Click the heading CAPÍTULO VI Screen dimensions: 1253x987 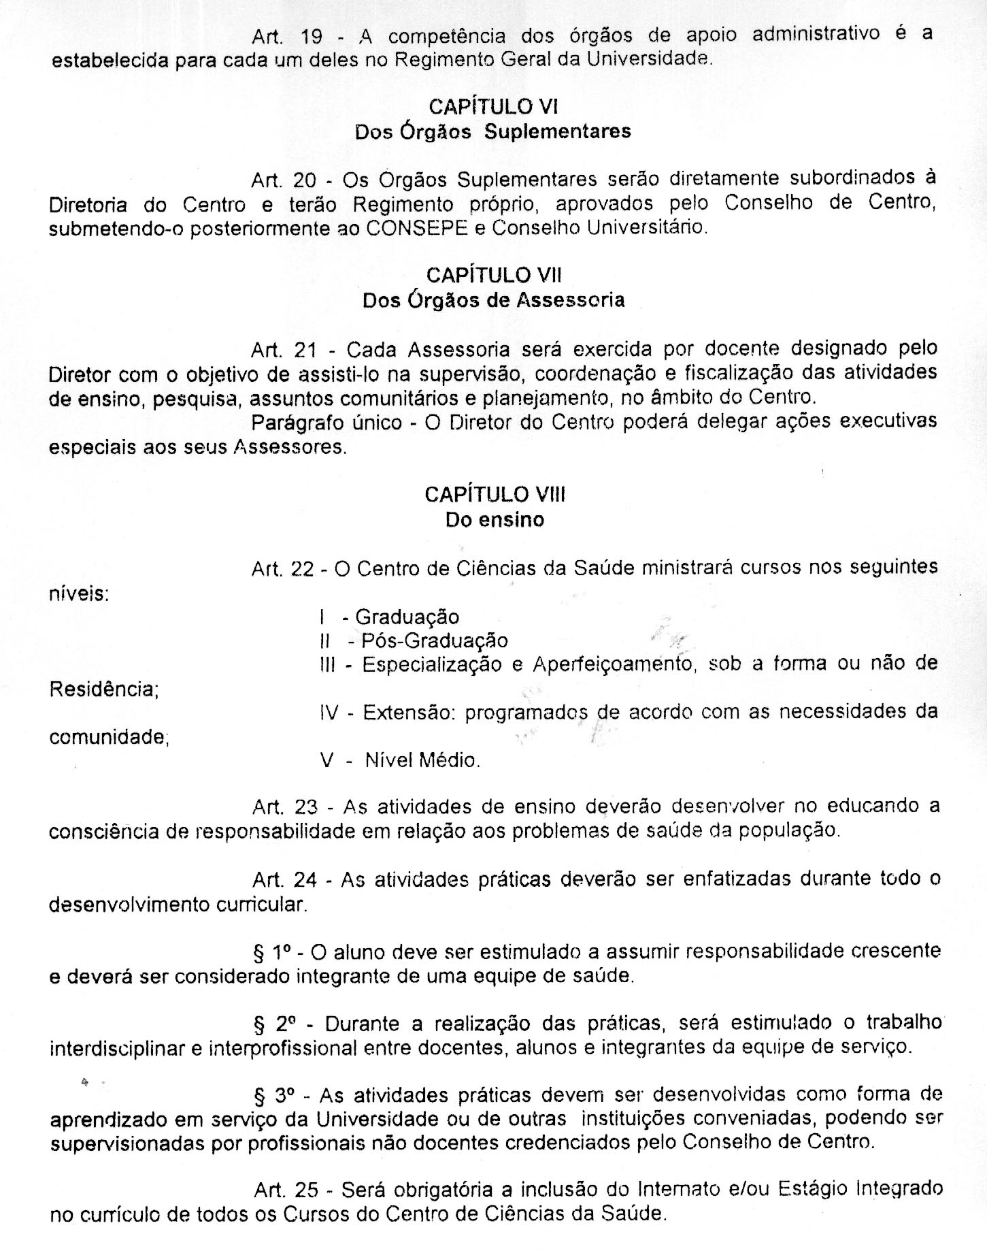pos(493,106)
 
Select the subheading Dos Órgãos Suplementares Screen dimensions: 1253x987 pos(493,131)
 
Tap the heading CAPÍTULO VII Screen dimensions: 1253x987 pos(493,275)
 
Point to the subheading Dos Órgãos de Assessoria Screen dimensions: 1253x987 pos(493,300)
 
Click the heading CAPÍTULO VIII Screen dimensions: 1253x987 pos(495,494)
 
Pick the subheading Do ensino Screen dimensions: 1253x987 pos(495,520)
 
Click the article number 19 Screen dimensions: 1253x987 pos(311,36)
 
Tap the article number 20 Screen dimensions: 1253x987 pos(305,180)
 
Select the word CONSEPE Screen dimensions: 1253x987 pos(416,228)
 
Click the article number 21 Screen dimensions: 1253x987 pos(305,350)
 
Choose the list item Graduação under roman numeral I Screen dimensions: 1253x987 pos(407,617)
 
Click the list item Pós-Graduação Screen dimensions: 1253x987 pos(434,641)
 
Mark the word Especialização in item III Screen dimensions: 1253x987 pos(430,664)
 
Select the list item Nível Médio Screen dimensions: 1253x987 pos(422,760)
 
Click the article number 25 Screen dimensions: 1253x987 pos(307,1189)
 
